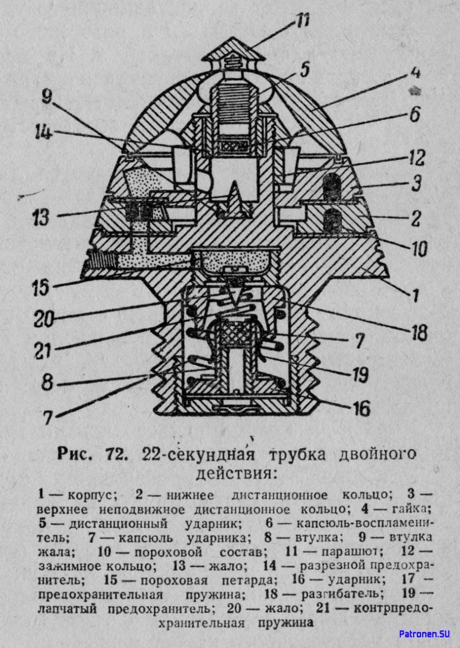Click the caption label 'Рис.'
point(77,454)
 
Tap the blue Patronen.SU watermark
point(424,633)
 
